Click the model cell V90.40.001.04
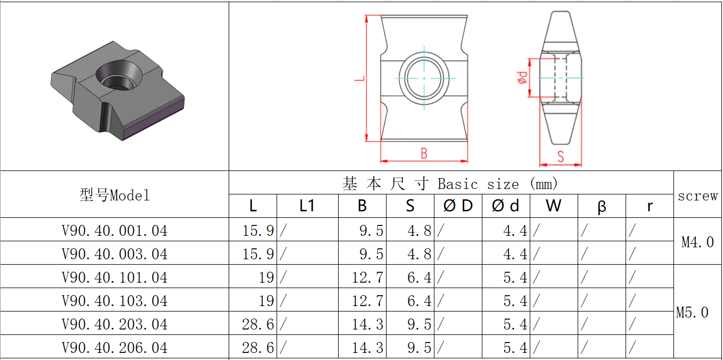[x=114, y=230]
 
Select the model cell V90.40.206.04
[x=114, y=347]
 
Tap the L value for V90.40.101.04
[x=266, y=277]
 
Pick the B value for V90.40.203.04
[x=367, y=324]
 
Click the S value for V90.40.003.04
[x=419, y=254]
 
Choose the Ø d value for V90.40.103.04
[x=515, y=301]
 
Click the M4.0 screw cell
[x=697, y=242]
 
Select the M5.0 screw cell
[x=693, y=312]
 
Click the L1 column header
[x=307, y=206]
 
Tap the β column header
[x=602, y=206]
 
